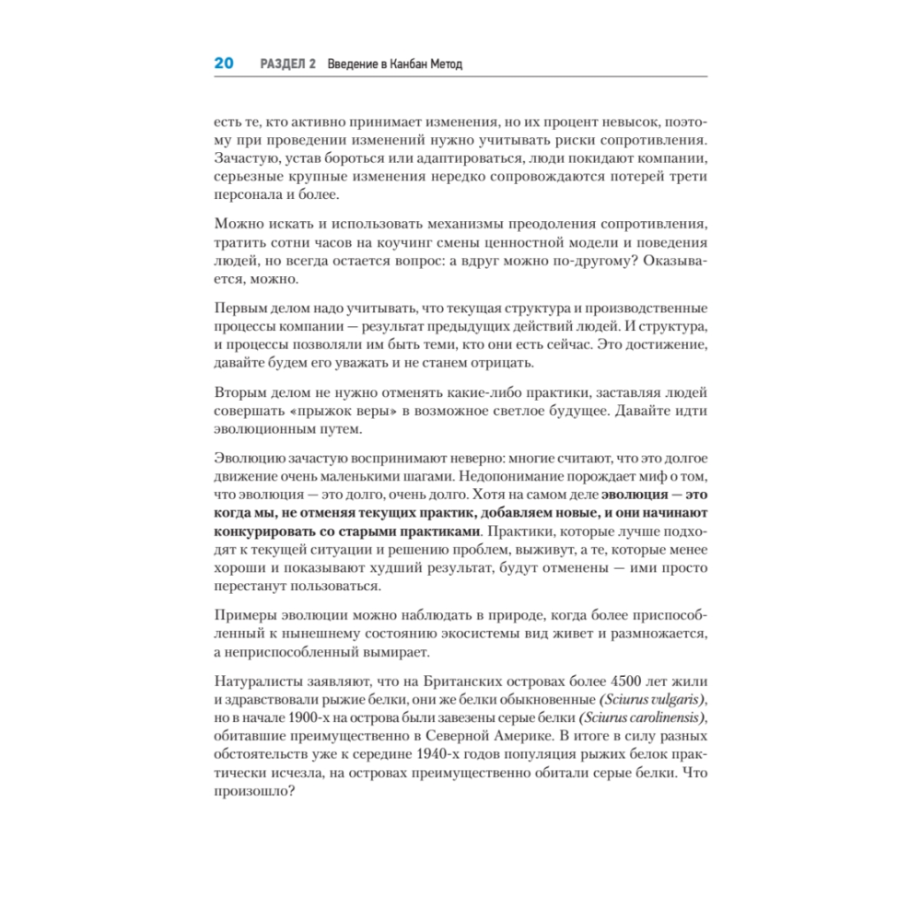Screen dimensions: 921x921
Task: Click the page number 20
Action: [224, 64]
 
